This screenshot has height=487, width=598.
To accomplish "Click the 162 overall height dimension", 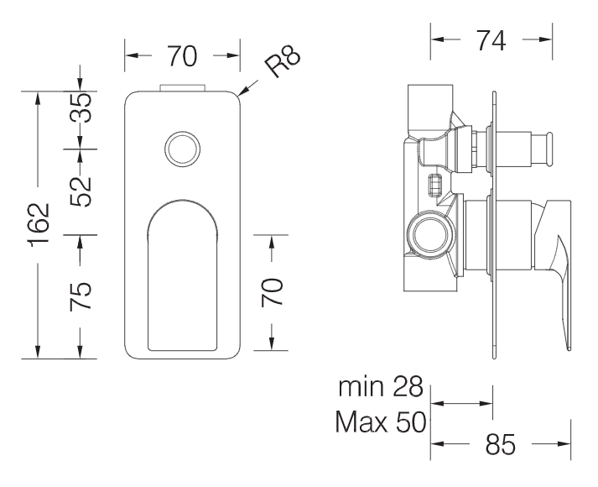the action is click(40, 225).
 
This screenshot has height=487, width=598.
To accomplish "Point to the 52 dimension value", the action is click(81, 192).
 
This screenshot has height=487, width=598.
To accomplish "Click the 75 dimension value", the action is click(81, 296).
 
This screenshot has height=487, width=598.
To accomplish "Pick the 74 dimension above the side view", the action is click(491, 40).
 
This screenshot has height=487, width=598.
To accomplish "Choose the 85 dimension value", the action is click(501, 444).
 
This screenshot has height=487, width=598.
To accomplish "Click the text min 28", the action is click(381, 386).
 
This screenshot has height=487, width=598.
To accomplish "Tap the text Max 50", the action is click(381, 422).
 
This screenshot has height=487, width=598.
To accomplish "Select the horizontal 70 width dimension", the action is click(182, 56).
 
